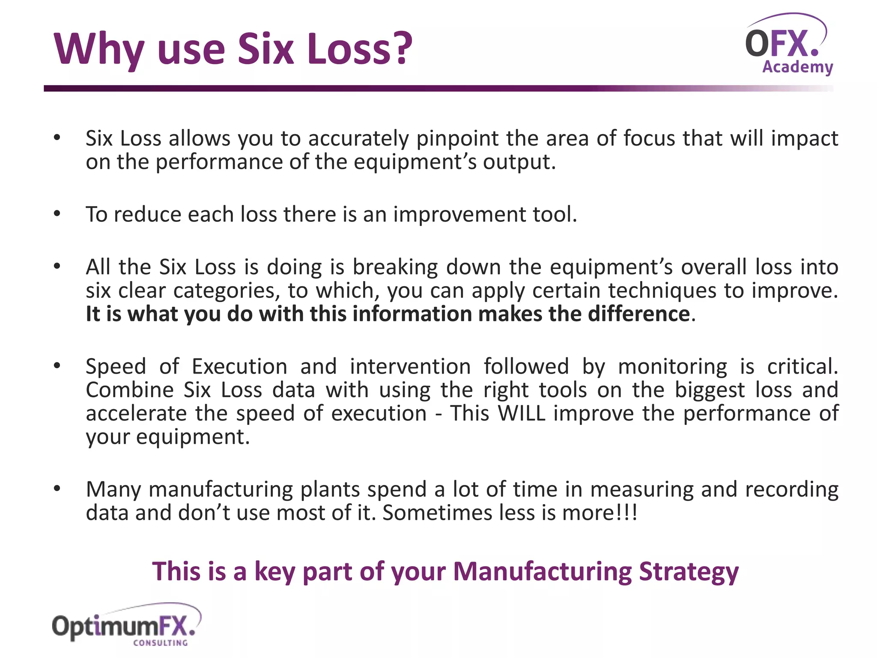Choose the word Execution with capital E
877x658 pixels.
[x=239, y=367]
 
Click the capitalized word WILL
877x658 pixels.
[x=522, y=413]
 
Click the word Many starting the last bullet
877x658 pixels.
[x=113, y=490]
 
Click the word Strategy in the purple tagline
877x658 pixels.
[x=689, y=572]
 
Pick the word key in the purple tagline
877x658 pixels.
[x=274, y=572]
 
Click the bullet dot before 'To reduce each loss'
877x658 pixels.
[x=57, y=214]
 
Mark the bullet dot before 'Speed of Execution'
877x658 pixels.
[x=57, y=366]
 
